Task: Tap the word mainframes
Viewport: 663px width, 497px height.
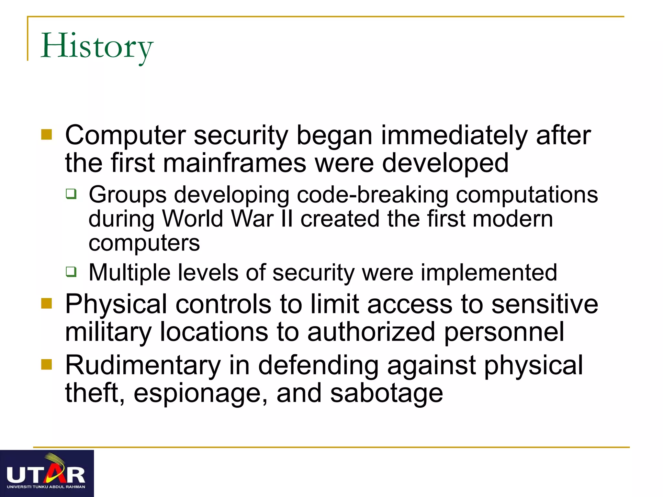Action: (235, 163)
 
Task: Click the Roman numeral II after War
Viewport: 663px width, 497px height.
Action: (287, 219)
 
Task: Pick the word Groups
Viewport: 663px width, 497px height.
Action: (128, 195)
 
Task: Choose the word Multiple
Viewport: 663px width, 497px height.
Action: (129, 272)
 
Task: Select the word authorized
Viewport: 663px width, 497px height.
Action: (371, 332)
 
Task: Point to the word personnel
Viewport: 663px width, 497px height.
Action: (504, 332)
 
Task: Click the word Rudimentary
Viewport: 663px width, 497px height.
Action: (143, 365)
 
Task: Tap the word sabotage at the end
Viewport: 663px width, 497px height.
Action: (386, 393)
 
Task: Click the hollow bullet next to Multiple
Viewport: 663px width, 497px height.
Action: (71, 272)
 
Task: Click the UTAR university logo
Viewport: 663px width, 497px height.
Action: (47, 473)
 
